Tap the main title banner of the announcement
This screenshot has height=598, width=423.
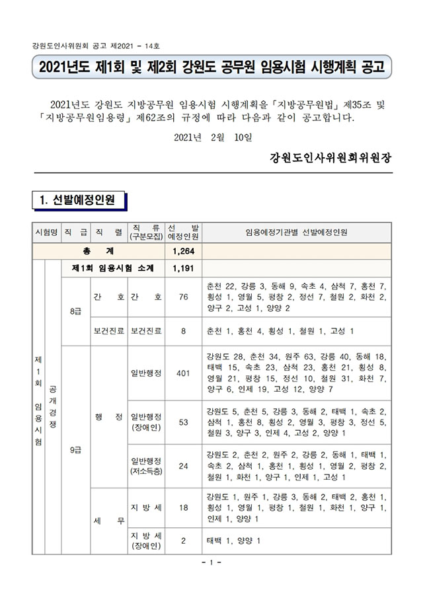point(211,67)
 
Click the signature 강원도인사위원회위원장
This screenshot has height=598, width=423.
point(330,159)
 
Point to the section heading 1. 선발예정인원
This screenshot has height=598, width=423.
point(77,200)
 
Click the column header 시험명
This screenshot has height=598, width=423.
point(46,233)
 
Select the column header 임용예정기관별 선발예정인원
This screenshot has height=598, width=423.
point(296,233)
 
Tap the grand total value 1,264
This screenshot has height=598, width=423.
point(183,252)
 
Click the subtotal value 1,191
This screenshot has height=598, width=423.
point(183,268)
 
